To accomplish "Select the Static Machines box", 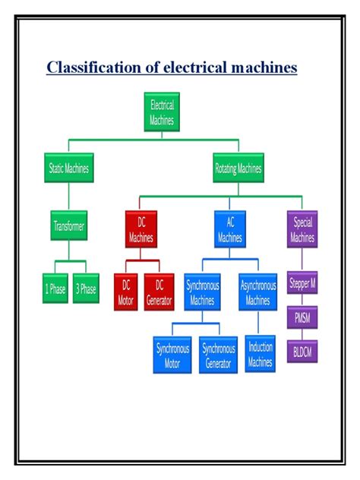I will click(68, 168).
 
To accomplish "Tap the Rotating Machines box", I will click(238, 168).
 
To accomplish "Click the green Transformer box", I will click(69, 226).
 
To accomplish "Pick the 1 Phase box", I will click(55, 289).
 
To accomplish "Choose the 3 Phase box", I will click(86, 289).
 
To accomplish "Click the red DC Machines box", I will click(141, 230).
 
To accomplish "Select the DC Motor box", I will click(126, 292).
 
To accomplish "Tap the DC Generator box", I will click(159, 292).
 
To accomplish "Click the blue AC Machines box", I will click(229, 230).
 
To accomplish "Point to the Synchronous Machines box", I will click(201, 292).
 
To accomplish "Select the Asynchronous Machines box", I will click(258, 292).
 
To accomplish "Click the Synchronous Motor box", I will click(173, 355).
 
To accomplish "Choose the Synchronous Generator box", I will click(218, 355).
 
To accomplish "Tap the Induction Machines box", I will click(261, 354).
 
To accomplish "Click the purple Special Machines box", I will click(302, 230).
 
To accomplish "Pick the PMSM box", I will click(302, 317).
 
